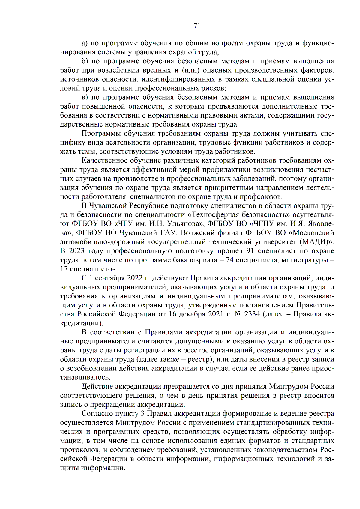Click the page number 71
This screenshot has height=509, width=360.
(197, 26)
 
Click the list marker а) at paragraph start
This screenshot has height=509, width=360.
(85, 43)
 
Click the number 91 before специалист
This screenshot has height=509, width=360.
(250, 251)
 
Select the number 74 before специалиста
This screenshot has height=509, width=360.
(229, 260)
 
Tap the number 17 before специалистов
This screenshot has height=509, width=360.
(64, 269)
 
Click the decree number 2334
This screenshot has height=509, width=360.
(252, 314)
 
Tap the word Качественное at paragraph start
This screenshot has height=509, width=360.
(105, 160)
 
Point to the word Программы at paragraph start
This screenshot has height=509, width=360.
(101, 133)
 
